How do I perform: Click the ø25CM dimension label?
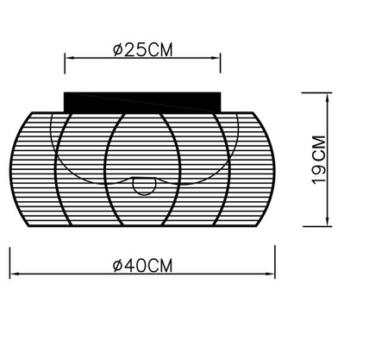click(143, 49)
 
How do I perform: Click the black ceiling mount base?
click(143, 101)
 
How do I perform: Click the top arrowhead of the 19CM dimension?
click(329, 95)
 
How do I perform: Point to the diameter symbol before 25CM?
click(118, 49)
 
